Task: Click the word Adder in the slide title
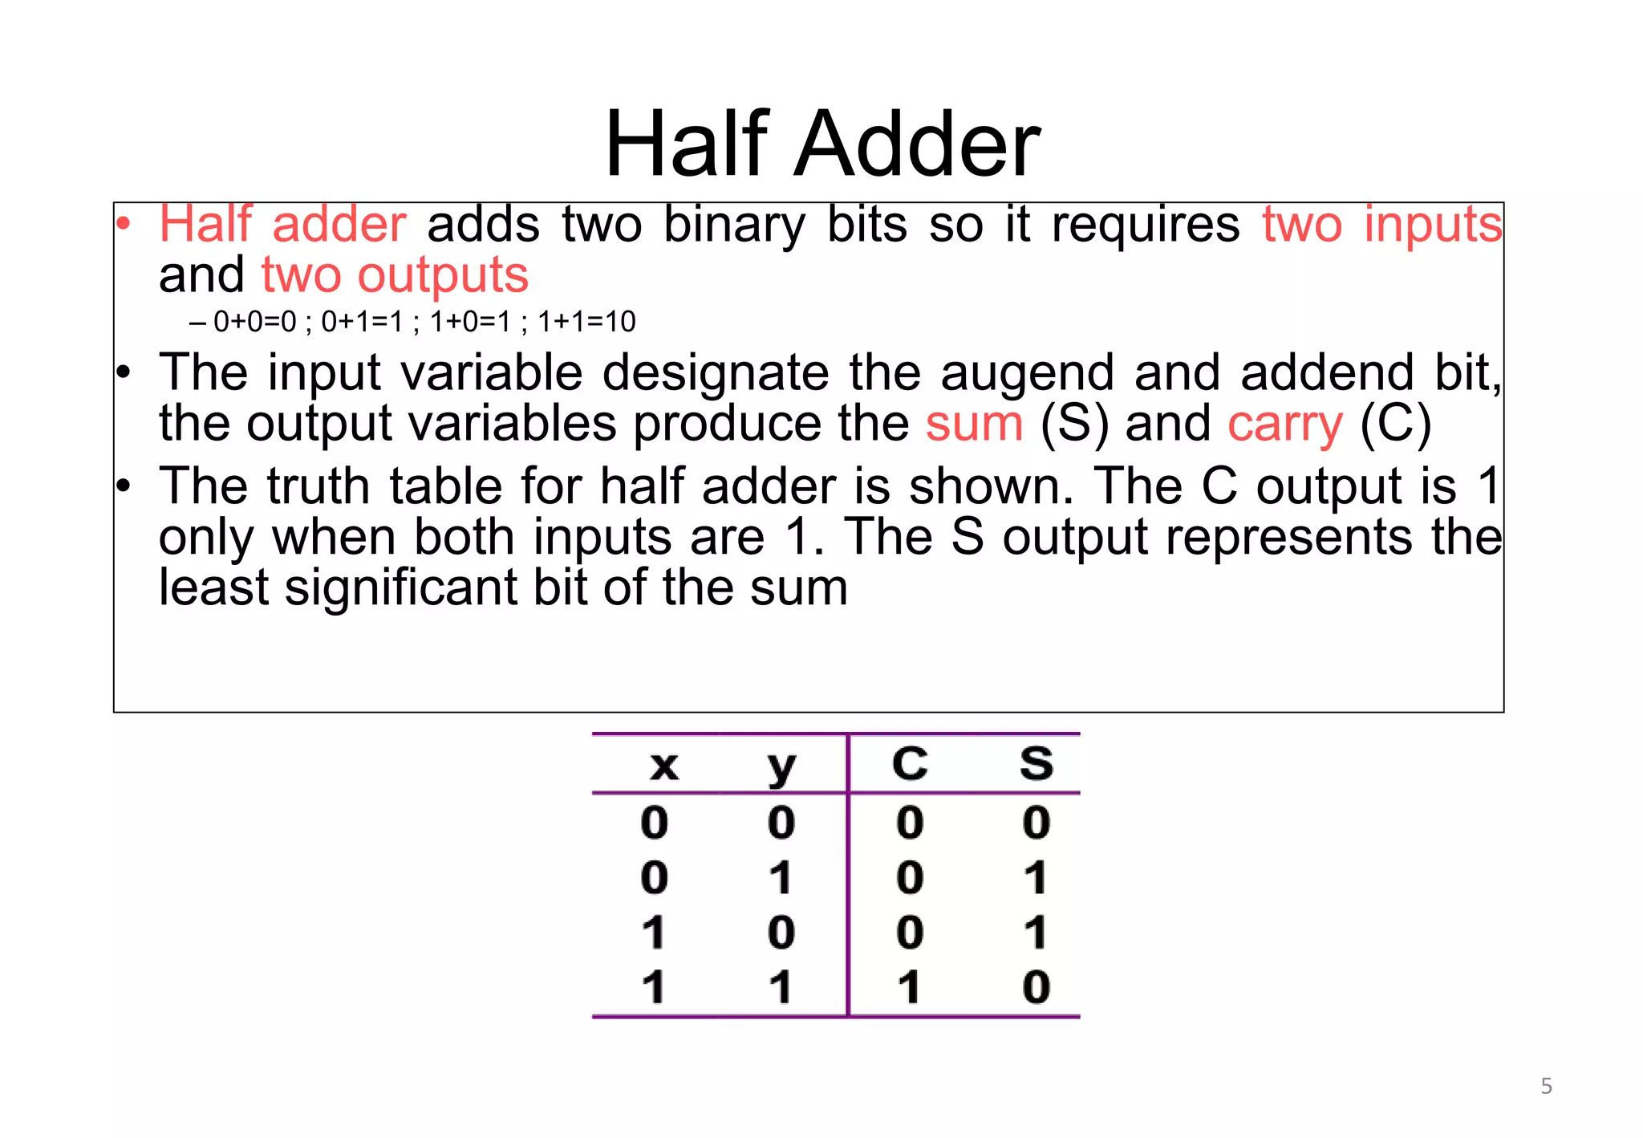click(916, 144)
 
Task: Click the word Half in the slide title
click(687, 144)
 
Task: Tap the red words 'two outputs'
click(395, 275)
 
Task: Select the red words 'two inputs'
click(1381, 225)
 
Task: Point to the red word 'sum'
click(974, 424)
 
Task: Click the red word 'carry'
click(1284, 424)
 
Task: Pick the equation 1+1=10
click(586, 322)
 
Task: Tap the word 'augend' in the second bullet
click(1027, 373)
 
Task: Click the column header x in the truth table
click(663, 765)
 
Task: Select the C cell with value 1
click(908, 987)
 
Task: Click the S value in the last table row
click(1036, 987)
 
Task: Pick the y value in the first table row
click(781, 823)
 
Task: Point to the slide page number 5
click(1546, 1087)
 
